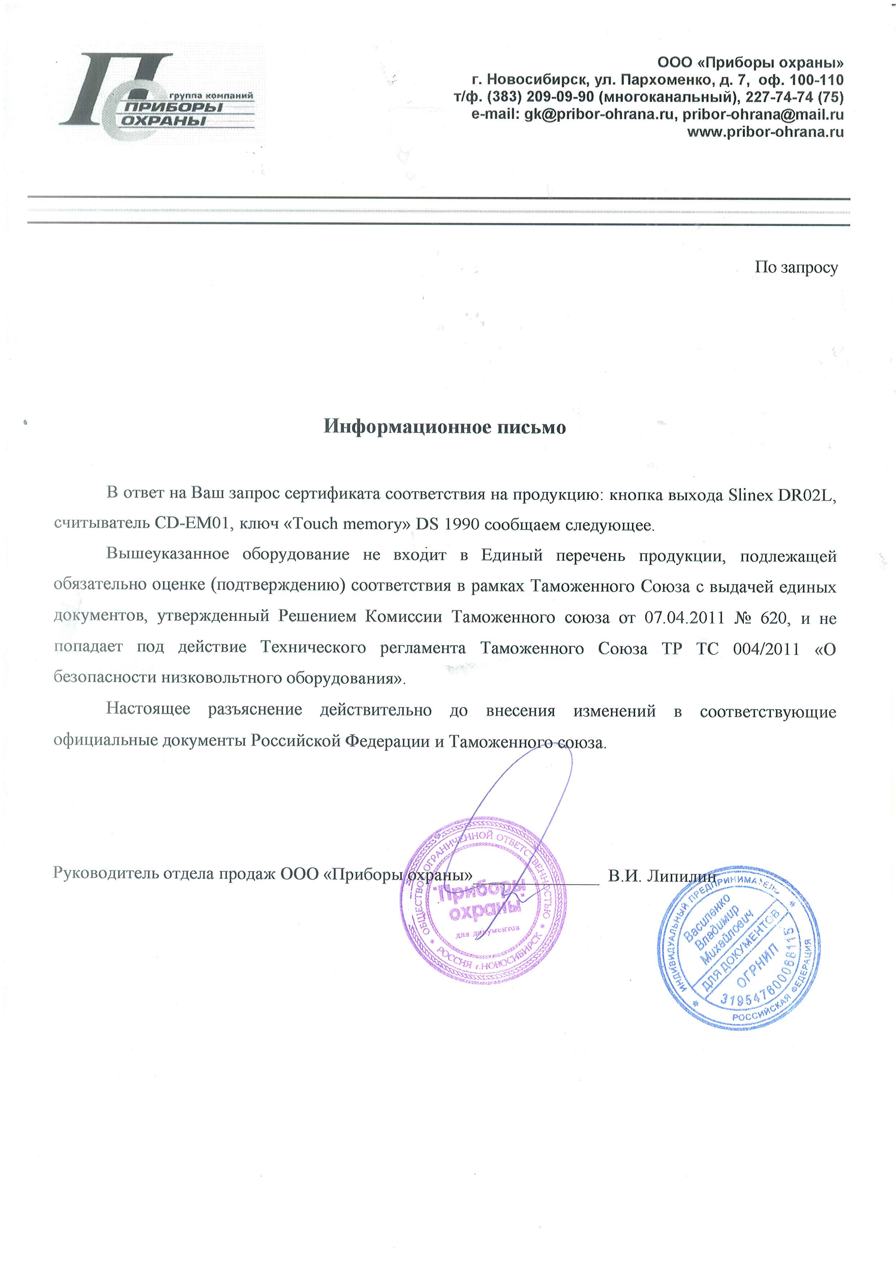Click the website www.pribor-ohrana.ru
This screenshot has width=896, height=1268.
(764, 132)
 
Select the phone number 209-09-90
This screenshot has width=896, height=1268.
(560, 97)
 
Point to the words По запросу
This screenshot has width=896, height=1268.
(796, 267)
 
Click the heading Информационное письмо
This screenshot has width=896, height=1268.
(444, 427)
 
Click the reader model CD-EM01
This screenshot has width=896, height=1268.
(191, 523)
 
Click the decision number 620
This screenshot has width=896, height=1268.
(773, 617)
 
